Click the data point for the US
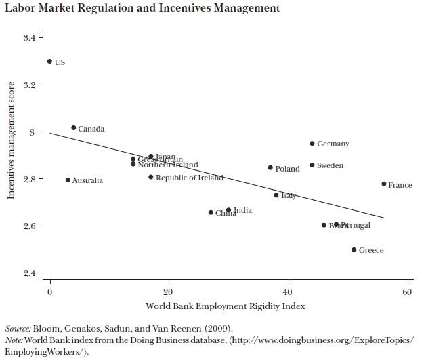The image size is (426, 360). point(49,62)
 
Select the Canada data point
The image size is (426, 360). point(73,127)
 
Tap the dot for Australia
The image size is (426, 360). point(68,180)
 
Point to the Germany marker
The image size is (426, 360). point(312,144)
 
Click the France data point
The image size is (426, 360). point(384,184)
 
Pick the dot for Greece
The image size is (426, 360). point(354,249)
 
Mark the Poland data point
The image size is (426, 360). point(270,168)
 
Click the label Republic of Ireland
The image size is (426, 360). point(189,178)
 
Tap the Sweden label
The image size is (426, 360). point(330,165)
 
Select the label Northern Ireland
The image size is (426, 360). point(168,165)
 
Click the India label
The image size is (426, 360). point(242,210)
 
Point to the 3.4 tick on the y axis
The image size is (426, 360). point(28,38)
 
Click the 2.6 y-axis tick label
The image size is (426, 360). point(28,226)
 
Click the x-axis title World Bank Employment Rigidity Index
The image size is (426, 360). point(225,306)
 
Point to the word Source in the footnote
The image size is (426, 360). point(18,328)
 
